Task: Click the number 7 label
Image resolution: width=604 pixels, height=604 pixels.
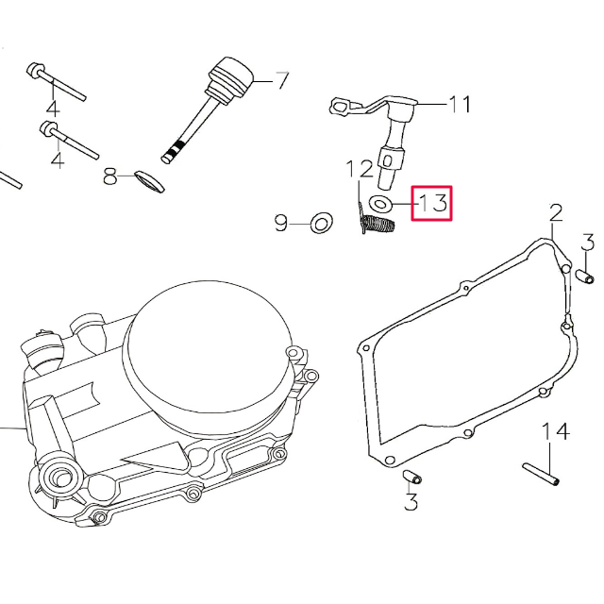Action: pos(281,80)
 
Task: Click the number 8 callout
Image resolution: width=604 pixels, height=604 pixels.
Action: pos(110,176)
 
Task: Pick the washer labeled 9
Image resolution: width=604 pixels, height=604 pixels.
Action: pos(322,224)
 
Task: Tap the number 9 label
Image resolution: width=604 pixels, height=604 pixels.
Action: pos(281,224)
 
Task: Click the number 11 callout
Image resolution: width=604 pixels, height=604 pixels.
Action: pos(459,104)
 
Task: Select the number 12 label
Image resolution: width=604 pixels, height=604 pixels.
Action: pos(360,170)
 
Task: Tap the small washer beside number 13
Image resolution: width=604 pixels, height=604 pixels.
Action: pos(382,202)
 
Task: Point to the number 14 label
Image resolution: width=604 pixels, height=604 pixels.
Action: pos(556,432)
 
